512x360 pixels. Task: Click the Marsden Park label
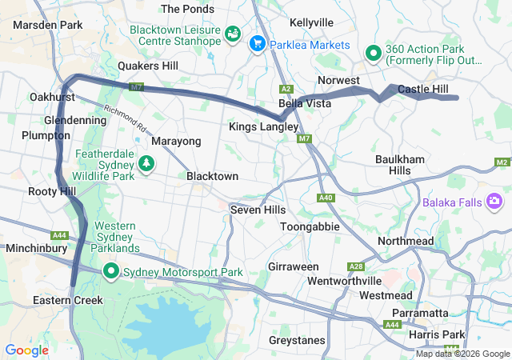pyautogui.click(x=48, y=25)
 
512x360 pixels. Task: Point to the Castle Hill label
pyautogui.click(x=425, y=89)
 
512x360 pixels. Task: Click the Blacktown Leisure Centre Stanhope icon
pyautogui.click(x=232, y=34)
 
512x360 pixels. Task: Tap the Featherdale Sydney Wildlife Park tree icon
pyautogui.click(x=146, y=164)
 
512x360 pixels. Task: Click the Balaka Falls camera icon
pyautogui.click(x=494, y=201)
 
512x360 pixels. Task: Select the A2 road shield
pyautogui.click(x=286, y=89)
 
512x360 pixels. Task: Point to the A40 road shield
pyautogui.click(x=326, y=198)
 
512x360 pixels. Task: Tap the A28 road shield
pyautogui.click(x=356, y=266)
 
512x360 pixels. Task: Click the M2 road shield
pyautogui.click(x=502, y=162)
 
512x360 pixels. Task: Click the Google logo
pyautogui.click(x=26, y=350)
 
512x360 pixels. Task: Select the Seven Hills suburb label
pyautogui.click(x=258, y=209)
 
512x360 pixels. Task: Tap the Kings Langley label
pyautogui.click(x=263, y=126)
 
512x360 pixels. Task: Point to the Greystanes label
pyautogui.click(x=298, y=340)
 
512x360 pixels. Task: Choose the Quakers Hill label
pyautogui.click(x=147, y=66)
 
